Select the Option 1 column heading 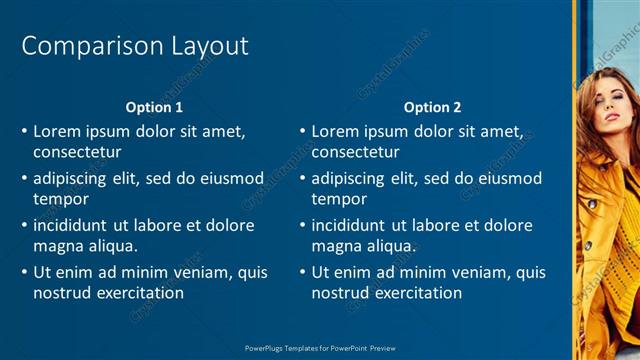[x=154, y=107]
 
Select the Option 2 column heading [x=432, y=107]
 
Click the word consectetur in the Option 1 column [x=77, y=153]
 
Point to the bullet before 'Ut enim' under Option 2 [x=302, y=272]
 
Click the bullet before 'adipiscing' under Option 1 [x=24, y=179]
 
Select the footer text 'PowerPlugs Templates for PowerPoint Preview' [x=320, y=348]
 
